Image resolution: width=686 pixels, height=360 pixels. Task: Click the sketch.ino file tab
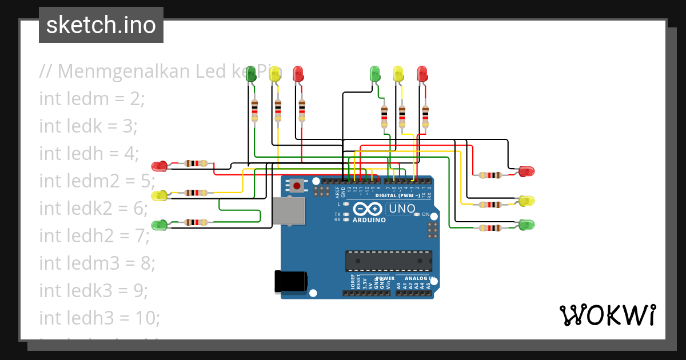pyautogui.click(x=101, y=25)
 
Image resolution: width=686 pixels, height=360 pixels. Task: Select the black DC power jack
pyautogui.click(x=291, y=281)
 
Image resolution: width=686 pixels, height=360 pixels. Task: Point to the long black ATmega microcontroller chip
pyautogui.click(x=388, y=261)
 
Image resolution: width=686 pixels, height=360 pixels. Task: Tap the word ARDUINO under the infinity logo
pyautogui.click(x=369, y=220)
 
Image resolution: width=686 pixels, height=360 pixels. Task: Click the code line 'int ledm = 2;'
pyautogui.click(x=92, y=98)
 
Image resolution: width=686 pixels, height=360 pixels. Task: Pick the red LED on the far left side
pyautogui.click(x=159, y=166)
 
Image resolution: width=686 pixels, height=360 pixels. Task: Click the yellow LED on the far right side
pyautogui.click(x=527, y=201)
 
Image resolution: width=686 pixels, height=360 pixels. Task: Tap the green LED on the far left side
pyautogui.click(x=159, y=225)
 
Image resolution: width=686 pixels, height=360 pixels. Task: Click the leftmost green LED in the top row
pyautogui.click(x=250, y=73)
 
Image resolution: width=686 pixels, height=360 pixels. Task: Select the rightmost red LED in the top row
pyautogui.click(x=422, y=73)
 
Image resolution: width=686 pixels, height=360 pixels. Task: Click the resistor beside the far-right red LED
pyautogui.click(x=490, y=175)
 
